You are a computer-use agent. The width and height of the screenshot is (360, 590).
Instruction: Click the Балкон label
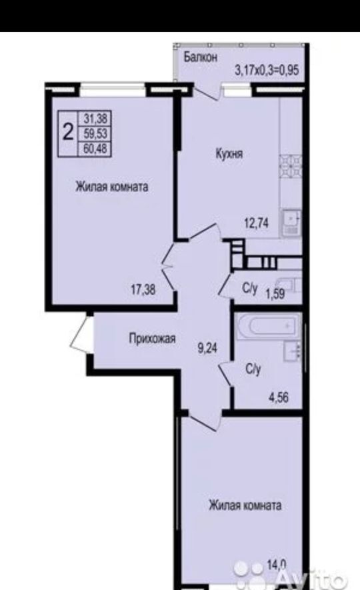click(x=201, y=57)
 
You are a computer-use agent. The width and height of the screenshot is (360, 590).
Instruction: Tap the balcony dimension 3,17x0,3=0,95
click(x=267, y=70)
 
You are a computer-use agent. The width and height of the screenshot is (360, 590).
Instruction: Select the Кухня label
click(x=229, y=153)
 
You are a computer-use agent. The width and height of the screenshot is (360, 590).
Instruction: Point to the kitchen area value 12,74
click(x=257, y=223)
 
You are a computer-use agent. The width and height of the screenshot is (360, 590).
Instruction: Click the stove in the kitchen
click(x=291, y=166)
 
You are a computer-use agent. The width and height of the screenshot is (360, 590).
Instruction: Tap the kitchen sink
click(x=291, y=223)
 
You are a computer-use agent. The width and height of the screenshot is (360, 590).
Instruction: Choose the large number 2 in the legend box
click(x=68, y=133)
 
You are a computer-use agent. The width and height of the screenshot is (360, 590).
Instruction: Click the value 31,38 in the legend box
click(x=95, y=119)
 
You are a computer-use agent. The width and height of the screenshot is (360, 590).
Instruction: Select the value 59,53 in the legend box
click(x=95, y=133)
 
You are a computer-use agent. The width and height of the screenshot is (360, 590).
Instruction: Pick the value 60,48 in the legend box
click(x=95, y=149)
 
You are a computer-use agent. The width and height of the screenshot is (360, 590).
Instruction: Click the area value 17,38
click(x=143, y=290)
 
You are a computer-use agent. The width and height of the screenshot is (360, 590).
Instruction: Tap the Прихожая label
click(x=153, y=338)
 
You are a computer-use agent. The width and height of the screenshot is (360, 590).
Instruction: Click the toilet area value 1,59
click(x=275, y=294)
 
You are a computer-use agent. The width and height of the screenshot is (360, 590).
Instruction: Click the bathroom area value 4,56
click(x=279, y=397)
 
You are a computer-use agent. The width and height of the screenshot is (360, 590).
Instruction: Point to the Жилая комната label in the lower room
click(x=245, y=505)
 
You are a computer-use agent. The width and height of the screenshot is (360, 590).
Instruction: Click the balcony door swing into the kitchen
click(x=205, y=92)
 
